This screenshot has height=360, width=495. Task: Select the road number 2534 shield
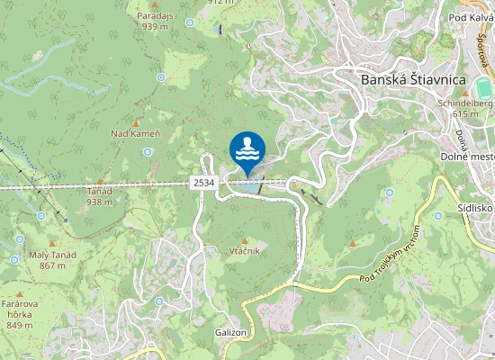point(203,183)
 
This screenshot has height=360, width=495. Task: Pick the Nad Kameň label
point(135,134)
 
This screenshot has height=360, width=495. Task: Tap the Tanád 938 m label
point(100,196)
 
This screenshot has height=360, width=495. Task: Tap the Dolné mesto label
point(465,157)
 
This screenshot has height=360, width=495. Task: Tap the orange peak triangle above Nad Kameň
point(136,122)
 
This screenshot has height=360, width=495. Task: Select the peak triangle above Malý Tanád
point(52,243)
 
